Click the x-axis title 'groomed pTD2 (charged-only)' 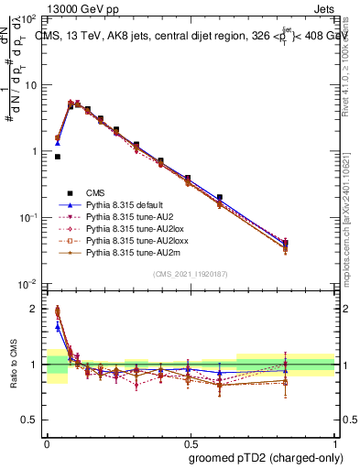pos(267,458)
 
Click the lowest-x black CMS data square pos(57,157)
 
